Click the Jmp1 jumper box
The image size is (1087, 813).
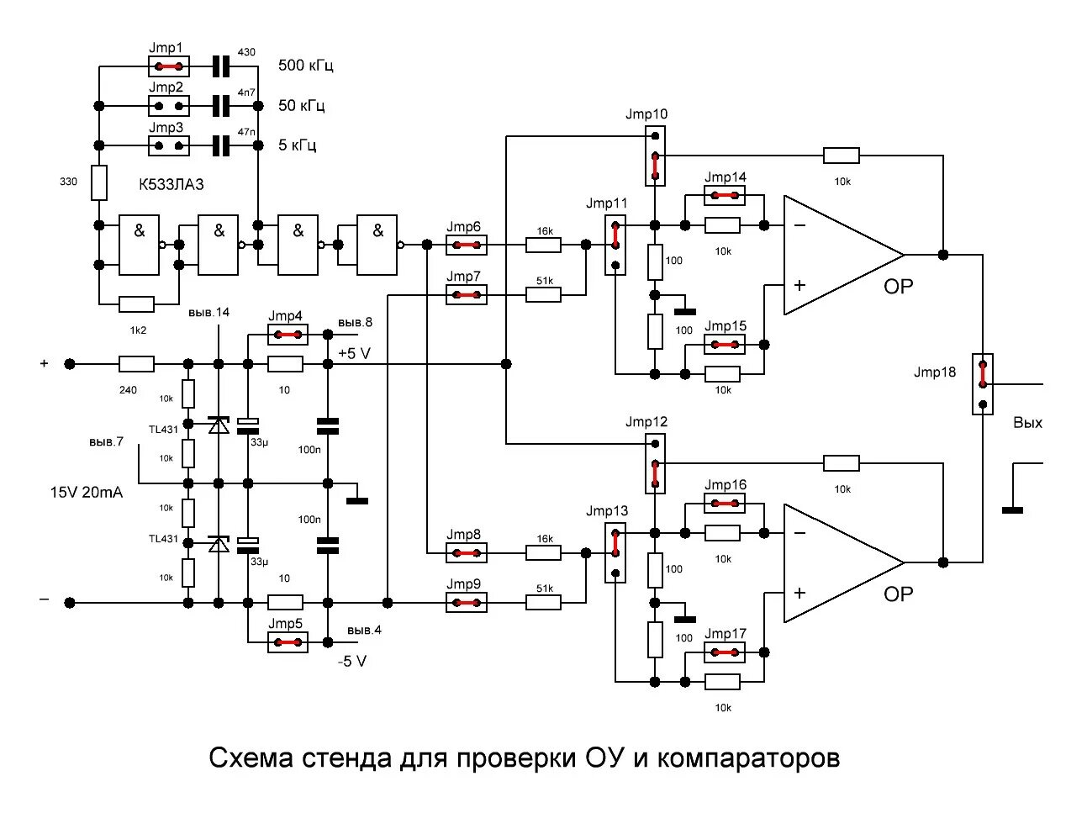pyautogui.click(x=169, y=66)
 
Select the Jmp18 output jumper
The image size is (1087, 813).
pyautogui.click(x=982, y=383)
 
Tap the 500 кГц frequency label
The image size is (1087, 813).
pyautogui.click(x=306, y=66)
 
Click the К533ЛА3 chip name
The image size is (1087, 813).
pyautogui.click(x=171, y=185)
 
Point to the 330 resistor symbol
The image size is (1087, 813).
pyautogui.click(x=99, y=182)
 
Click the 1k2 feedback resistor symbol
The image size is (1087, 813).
pyautogui.click(x=137, y=304)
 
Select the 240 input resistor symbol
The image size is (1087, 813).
pyautogui.click(x=137, y=364)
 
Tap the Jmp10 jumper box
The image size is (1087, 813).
pyautogui.click(x=655, y=156)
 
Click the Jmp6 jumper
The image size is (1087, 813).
pyautogui.click(x=466, y=245)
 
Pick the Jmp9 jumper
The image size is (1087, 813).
pyautogui.click(x=466, y=603)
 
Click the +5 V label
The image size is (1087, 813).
pyautogui.click(x=354, y=353)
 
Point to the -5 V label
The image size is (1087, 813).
pyautogui.click(x=352, y=662)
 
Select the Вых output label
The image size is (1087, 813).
pyautogui.click(x=1027, y=423)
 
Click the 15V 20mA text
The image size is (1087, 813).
pyautogui.click(x=86, y=493)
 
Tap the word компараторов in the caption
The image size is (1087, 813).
pyautogui.click(x=748, y=758)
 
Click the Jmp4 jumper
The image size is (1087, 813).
pyautogui.click(x=288, y=335)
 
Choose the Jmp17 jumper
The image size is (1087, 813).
pyautogui.click(x=724, y=652)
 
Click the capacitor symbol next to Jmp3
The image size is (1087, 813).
pyautogui.click(x=221, y=145)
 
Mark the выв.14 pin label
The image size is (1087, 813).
pyautogui.click(x=209, y=313)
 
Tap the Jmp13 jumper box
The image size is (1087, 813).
pyautogui.click(x=615, y=552)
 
